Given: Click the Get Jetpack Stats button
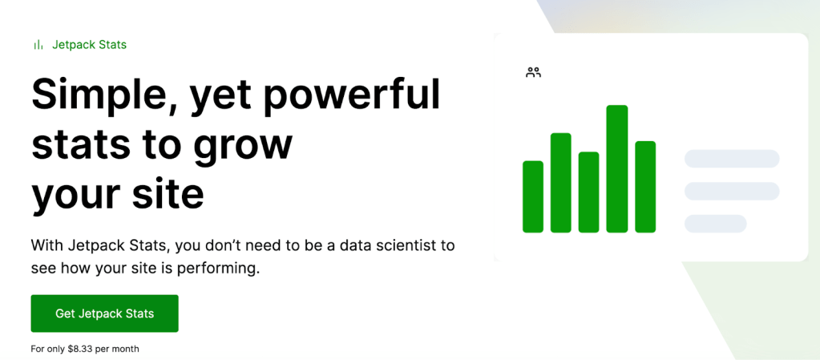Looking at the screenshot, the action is (104, 313).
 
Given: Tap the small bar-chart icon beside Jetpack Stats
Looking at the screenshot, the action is (38, 45).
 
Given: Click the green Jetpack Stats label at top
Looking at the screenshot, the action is (90, 45).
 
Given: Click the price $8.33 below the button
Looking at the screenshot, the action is (82, 349).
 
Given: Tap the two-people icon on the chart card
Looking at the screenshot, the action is (533, 73).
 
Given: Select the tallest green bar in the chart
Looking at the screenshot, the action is (617, 168).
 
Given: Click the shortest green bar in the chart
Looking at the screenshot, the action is (533, 196).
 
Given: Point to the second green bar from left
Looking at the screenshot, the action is (560, 183).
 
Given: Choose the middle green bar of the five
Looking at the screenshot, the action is (589, 192).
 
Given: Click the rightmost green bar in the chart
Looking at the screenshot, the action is (645, 187).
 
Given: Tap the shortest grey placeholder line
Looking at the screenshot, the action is (716, 224).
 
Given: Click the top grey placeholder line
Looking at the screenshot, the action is (732, 159).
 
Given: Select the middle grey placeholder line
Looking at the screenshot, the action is (732, 191).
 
